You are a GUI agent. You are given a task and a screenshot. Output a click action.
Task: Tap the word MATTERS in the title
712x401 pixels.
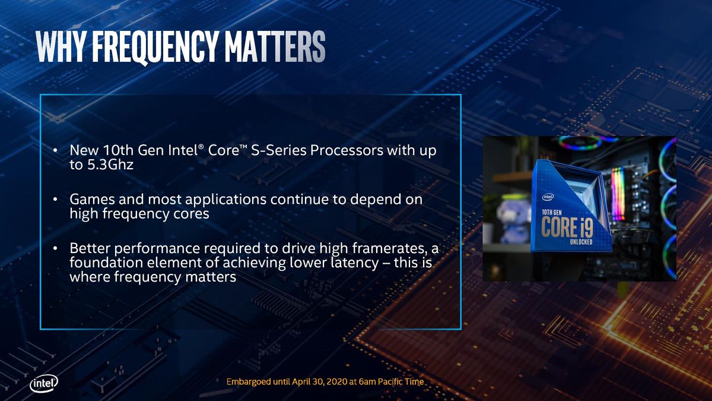[x=275, y=46]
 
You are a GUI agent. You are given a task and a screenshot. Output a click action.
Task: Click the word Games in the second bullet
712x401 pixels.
[x=92, y=200]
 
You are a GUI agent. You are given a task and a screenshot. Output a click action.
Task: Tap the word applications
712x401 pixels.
[x=225, y=200]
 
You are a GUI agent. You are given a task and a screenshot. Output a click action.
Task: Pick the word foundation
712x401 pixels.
[x=106, y=263]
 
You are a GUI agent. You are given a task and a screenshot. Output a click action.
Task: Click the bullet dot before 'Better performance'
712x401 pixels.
[x=55, y=248]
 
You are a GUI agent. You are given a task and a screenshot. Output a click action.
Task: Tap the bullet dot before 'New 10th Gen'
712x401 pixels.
[x=55, y=150]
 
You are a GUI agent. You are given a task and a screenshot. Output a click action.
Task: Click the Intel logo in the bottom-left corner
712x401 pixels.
[x=44, y=384]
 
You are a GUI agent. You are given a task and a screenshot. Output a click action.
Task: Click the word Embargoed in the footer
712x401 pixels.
[x=249, y=382]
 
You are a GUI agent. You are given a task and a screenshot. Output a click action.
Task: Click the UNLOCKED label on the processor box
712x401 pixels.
[x=581, y=242]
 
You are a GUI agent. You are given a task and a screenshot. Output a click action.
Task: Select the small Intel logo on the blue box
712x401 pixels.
[x=548, y=197]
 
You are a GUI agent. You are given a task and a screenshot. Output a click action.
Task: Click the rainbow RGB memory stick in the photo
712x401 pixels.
[x=618, y=194]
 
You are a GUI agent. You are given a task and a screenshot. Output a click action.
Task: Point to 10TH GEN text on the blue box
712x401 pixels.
[x=551, y=212]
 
